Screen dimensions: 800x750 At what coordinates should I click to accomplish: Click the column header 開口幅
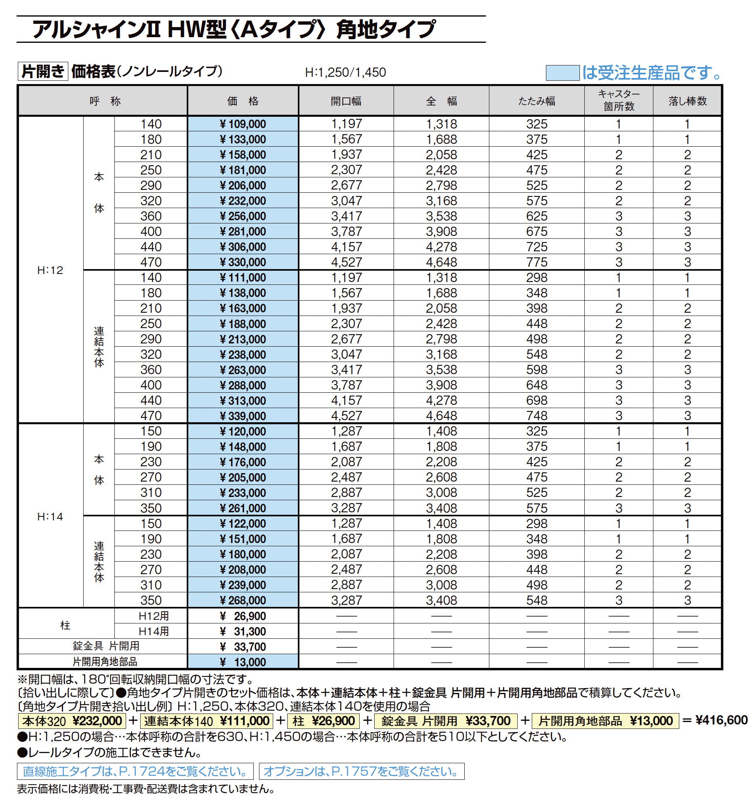pos(346,101)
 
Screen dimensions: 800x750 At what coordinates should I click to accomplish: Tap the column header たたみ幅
pos(537,101)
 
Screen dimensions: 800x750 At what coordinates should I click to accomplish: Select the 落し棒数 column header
pos(687,101)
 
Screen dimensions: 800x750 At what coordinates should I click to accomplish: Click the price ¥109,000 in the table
pos(243,124)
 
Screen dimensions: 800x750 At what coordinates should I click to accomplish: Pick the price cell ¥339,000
pos(243,416)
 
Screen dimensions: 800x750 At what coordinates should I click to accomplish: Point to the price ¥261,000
pos(243,508)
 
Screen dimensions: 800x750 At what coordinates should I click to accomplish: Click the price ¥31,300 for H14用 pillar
pos(243,631)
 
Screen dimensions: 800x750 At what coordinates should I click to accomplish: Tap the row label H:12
pos(50,270)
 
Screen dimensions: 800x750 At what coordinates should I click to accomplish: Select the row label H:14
pos(50,516)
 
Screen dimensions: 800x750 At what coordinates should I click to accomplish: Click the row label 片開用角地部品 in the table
pos(105,661)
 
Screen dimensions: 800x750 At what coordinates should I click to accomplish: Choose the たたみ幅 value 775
pos(537,262)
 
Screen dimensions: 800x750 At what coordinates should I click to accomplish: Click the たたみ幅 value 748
pos(537,415)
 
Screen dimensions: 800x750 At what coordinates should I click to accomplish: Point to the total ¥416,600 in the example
pos(721,720)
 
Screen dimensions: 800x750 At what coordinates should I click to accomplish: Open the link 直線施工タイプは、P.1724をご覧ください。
pos(135,771)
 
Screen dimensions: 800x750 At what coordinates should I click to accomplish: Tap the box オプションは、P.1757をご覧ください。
pos(361,771)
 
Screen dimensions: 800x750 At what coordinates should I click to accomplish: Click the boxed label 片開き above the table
pos(43,72)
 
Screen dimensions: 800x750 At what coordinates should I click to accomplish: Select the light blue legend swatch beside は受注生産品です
pos(562,73)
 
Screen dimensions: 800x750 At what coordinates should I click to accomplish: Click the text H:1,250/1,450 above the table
pos(346,72)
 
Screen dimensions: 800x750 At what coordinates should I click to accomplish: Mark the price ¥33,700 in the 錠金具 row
pos(243,646)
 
